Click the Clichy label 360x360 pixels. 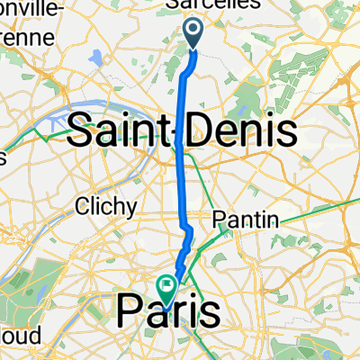click(106, 206)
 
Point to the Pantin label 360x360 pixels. click(247, 220)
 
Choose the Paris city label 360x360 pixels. click(167, 313)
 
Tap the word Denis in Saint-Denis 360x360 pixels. click(241, 132)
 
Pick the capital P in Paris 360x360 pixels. click(128, 313)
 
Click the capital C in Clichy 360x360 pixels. click(83, 206)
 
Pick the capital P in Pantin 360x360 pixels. click(220, 220)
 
